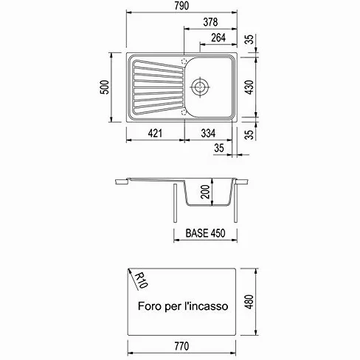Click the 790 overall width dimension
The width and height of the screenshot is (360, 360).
pyautogui.click(x=181, y=6)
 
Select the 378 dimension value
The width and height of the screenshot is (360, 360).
pyautogui.click(x=210, y=22)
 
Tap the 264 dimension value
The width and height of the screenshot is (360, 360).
pyautogui.click(x=218, y=38)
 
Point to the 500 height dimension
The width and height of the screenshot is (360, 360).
pyautogui.click(x=105, y=87)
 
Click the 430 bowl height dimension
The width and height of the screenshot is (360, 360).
pyautogui.click(x=249, y=87)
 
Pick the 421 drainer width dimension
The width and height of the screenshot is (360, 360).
pyautogui.click(x=155, y=134)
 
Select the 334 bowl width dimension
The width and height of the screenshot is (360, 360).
pyautogui.click(x=208, y=134)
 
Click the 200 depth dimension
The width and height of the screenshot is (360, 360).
pyautogui.click(x=205, y=192)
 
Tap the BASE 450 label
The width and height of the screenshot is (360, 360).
pyautogui.click(x=205, y=233)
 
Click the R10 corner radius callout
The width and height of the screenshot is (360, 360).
pyautogui.click(x=141, y=280)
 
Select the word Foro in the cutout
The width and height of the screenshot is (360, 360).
pyautogui.click(x=148, y=306)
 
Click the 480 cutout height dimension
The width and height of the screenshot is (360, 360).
pyautogui.click(x=249, y=302)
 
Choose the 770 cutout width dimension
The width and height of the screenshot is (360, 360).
pyautogui.click(x=181, y=346)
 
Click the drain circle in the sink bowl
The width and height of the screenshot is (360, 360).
pyautogui.click(x=200, y=87)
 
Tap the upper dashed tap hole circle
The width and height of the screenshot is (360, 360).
pyautogui.click(x=184, y=61)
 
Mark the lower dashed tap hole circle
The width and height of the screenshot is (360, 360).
pyautogui.click(x=184, y=113)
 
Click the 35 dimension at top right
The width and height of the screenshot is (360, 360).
pyautogui.click(x=249, y=39)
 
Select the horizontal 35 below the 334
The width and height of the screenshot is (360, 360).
pyautogui.click(x=219, y=148)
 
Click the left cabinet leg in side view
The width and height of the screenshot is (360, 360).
pyautogui.click(x=175, y=203)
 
